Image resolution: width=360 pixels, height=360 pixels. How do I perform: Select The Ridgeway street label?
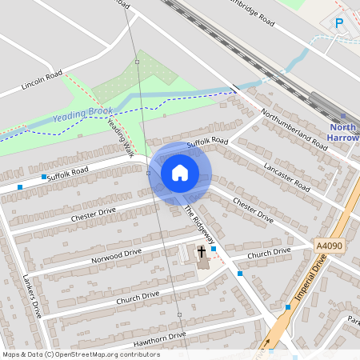pyautogui.click(x=200, y=227)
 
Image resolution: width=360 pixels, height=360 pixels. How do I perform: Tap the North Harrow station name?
pyautogui.click(x=342, y=132)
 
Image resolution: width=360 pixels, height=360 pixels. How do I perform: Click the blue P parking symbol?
pyautogui.click(x=340, y=23)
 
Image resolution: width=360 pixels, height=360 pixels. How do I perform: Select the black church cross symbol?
pyautogui.click(x=202, y=252)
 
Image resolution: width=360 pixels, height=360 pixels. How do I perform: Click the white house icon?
pyautogui.click(x=180, y=172)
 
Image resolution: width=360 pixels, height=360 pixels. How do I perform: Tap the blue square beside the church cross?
pyautogui.click(x=214, y=249)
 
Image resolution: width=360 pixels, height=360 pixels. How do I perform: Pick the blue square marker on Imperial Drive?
pyautogui.click(x=288, y=306)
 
